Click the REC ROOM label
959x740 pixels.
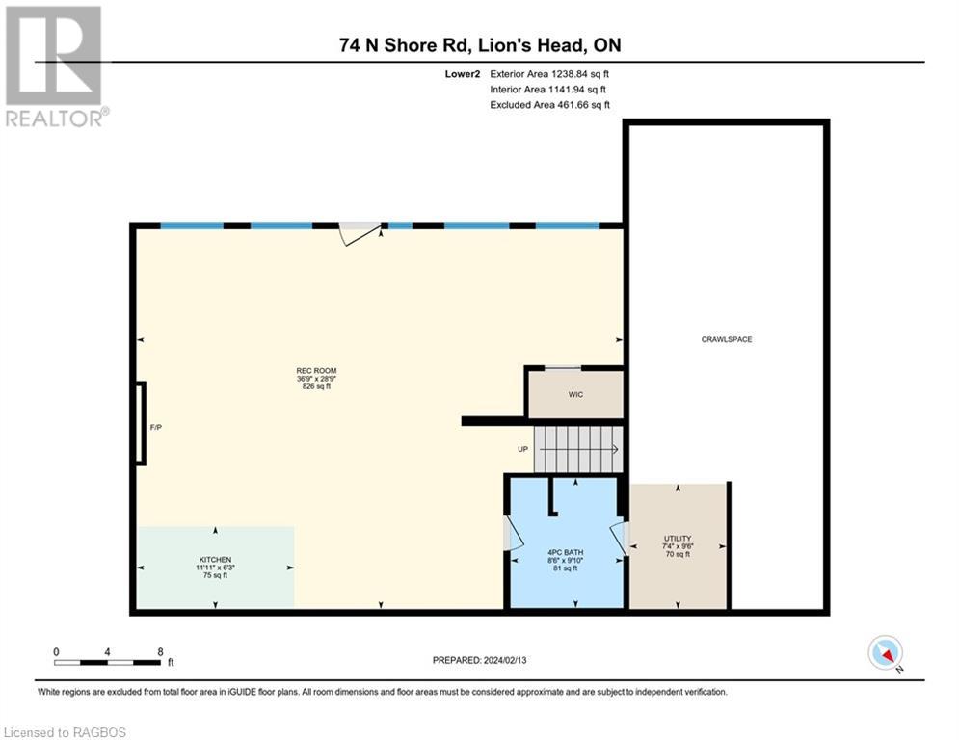316,371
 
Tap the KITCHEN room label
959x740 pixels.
215,560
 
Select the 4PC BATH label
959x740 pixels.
565,552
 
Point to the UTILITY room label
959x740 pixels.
678,539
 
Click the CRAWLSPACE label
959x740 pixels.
727,339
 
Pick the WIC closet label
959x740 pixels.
575,395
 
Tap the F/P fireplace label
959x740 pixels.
156,428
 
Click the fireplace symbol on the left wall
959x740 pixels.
141,423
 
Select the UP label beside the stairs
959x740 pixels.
523,449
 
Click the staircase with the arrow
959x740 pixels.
578,450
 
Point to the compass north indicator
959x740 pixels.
886,653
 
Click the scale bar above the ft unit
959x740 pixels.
107,662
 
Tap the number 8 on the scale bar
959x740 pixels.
160,652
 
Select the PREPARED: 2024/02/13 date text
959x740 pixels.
480,660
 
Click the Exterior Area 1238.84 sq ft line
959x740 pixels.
549,74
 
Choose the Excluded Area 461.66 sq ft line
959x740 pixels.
549,105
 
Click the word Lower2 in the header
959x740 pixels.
463,74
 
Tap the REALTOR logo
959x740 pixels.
55,66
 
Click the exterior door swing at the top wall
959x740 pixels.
360,233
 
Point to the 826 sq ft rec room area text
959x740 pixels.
316,386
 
